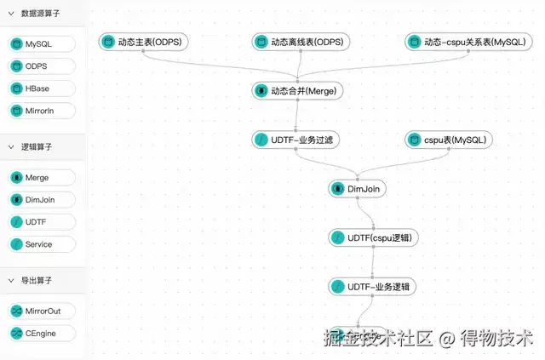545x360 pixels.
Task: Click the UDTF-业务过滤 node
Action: tap(297, 139)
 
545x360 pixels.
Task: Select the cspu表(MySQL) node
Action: tap(448, 139)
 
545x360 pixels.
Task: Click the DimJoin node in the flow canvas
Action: tap(358, 188)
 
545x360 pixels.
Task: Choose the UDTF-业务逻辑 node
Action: tap(373, 287)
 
